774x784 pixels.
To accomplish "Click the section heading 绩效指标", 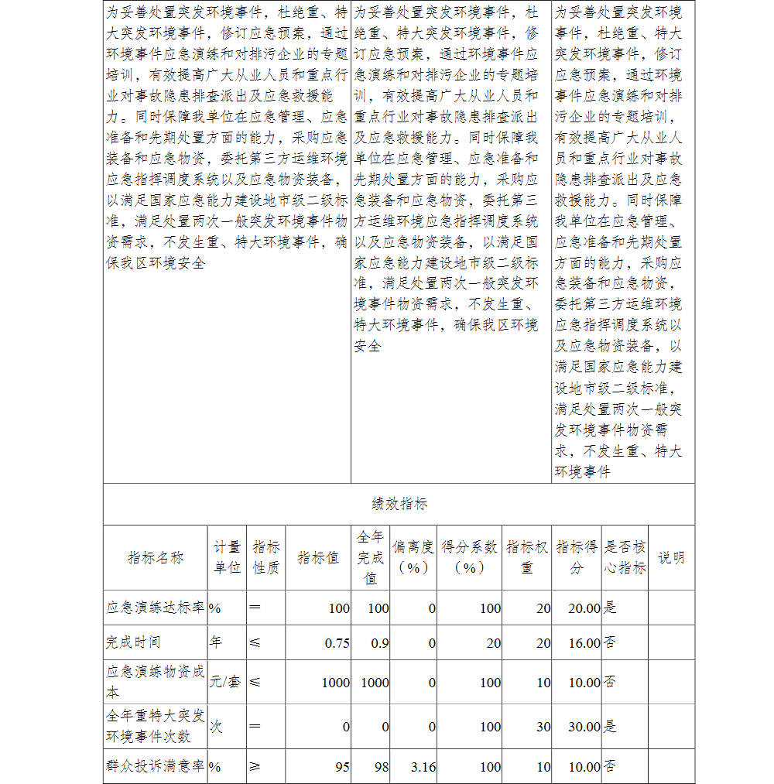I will tap(399, 504).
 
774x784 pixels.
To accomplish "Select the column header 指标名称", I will tap(156, 558).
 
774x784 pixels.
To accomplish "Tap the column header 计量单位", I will tap(227, 557).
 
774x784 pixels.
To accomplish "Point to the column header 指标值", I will tap(318, 558).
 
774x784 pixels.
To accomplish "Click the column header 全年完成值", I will tap(371, 557).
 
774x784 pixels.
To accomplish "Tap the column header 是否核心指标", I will tap(625, 557).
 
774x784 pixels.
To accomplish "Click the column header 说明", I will tap(671, 557).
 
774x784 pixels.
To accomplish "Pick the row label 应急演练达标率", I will tap(156, 608).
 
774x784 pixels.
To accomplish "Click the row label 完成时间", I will tap(133, 642).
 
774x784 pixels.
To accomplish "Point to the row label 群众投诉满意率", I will tap(156, 766).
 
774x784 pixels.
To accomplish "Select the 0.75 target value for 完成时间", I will tap(337, 643).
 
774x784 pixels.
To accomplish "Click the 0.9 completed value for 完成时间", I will tap(379, 643).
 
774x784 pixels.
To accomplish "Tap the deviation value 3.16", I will tap(423, 767).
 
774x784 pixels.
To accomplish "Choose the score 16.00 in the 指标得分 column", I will tap(584, 643).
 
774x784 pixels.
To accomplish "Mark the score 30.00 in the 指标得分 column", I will tap(584, 727).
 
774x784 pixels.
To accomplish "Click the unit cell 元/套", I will tap(224, 682).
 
